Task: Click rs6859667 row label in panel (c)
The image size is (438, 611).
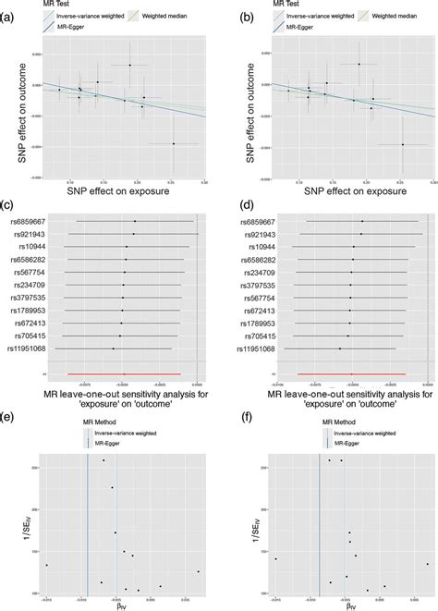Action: click(x=38, y=222)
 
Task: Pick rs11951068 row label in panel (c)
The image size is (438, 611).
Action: click(x=36, y=348)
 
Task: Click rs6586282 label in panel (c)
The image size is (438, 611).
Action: click(x=38, y=260)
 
